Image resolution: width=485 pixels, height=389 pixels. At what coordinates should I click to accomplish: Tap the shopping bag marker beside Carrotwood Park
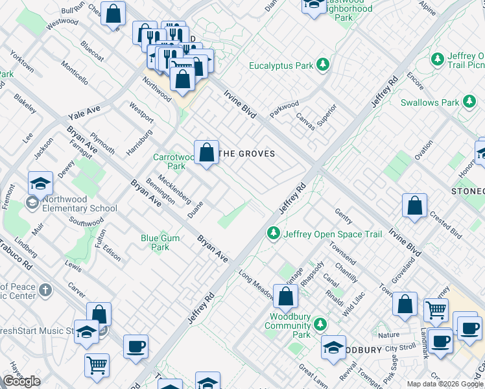coord(206,154)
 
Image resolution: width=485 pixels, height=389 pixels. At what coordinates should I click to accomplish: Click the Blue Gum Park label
coord(160,242)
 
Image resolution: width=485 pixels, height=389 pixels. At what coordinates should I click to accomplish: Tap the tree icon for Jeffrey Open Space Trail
coord(274,233)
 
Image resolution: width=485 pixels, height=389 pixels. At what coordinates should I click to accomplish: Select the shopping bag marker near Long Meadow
coord(285,298)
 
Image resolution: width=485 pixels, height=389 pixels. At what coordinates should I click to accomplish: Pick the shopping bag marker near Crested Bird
coord(414,206)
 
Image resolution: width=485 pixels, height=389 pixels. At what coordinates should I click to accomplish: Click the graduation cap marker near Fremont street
coord(40,184)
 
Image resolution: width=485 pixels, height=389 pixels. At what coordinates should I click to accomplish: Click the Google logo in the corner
coord(22,381)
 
